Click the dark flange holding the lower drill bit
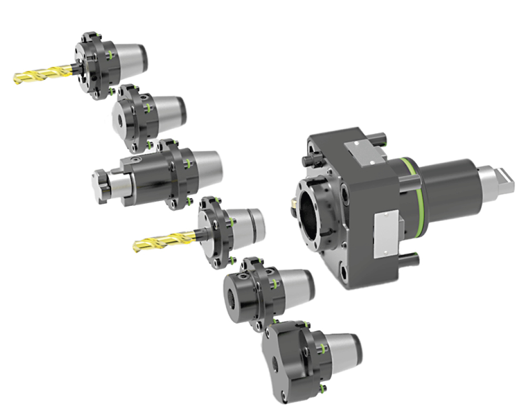pos(215,234)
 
